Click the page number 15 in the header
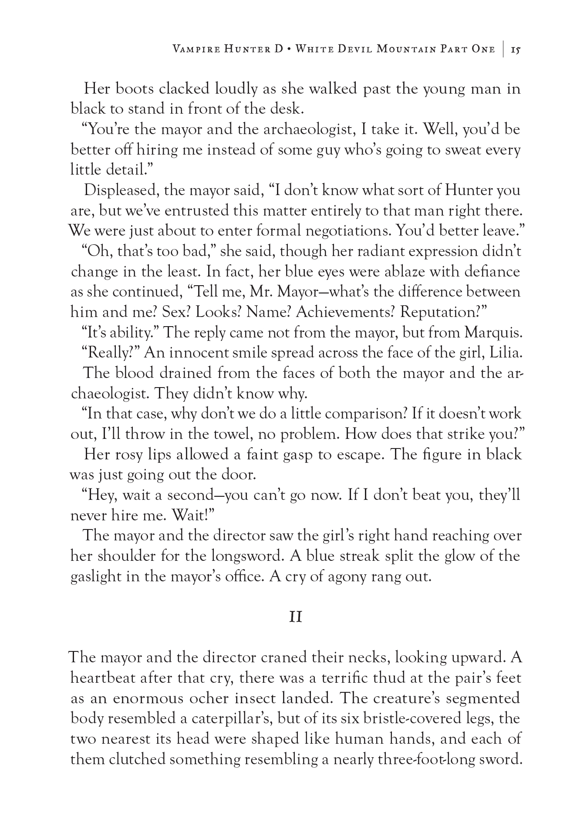(516, 49)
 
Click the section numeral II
(296, 617)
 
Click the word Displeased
(120, 190)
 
